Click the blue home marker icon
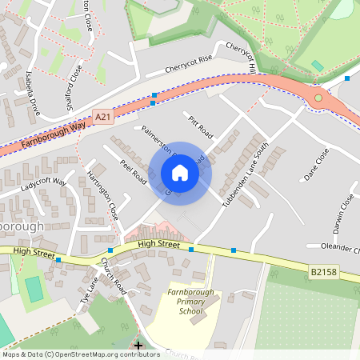click(x=180, y=173)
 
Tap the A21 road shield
click(x=102, y=117)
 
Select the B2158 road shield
click(x=322, y=273)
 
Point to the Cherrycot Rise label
click(x=190, y=63)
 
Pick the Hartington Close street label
click(x=102, y=195)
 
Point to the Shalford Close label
click(x=74, y=85)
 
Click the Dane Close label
click(x=317, y=166)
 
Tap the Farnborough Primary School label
click(x=186, y=302)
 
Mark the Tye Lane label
click(x=88, y=290)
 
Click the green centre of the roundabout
click(x=318, y=98)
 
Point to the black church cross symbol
click(x=138, y=346)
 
